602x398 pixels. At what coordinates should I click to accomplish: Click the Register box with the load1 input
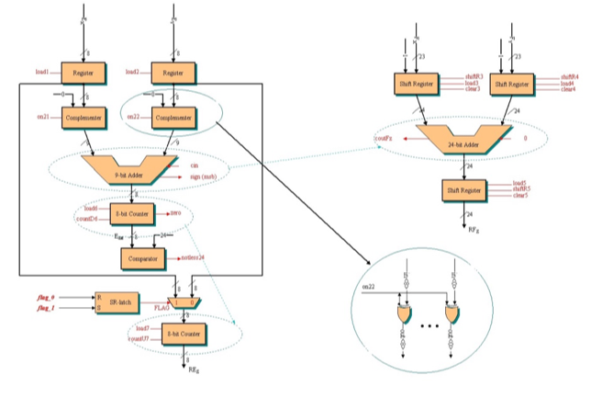tap(85, 72)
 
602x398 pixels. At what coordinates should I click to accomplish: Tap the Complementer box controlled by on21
tap(85, 118)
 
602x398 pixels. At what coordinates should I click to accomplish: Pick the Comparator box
tap(143, 257)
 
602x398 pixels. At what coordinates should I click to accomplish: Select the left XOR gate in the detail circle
tap(405, 315)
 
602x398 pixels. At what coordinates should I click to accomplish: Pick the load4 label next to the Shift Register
tap(568, 83)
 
